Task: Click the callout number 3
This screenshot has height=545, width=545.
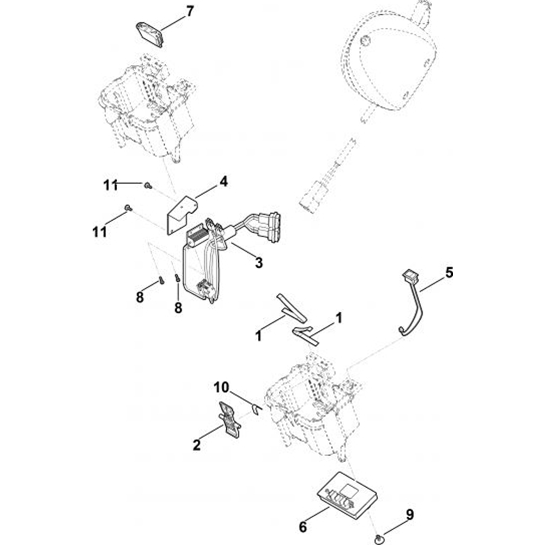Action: coord(258,263)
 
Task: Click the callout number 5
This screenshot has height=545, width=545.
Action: coord(449,272)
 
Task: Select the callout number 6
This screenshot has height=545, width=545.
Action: coord(303,527)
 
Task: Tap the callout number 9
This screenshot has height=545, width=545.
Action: coord(410,514)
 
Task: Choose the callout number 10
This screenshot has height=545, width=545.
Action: coord(221,388)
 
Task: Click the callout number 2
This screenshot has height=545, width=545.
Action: coord(197,445)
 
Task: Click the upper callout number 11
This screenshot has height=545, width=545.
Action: coord(111,185)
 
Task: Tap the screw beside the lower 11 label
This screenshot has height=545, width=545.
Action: coord(128,208)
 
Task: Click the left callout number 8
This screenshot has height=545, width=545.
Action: coord(140,298)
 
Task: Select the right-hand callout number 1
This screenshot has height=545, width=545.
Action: coord(339,318)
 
